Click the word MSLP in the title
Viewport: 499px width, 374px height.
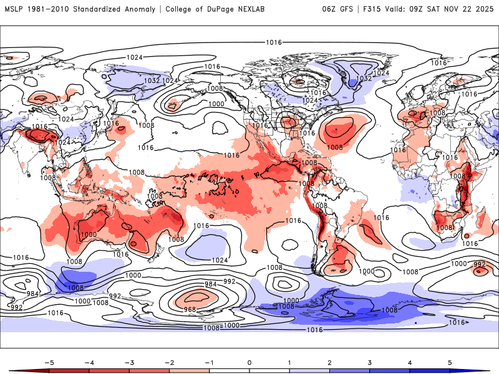point(13,9)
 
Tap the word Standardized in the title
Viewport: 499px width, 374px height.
point(100,9)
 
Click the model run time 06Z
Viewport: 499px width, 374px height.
point(329,9)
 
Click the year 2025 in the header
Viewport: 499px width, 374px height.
point(484,9)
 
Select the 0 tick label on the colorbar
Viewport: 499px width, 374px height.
point(249,362)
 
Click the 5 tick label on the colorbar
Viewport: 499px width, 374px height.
point(450,362)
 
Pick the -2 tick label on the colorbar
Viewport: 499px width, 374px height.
point(168,362)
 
